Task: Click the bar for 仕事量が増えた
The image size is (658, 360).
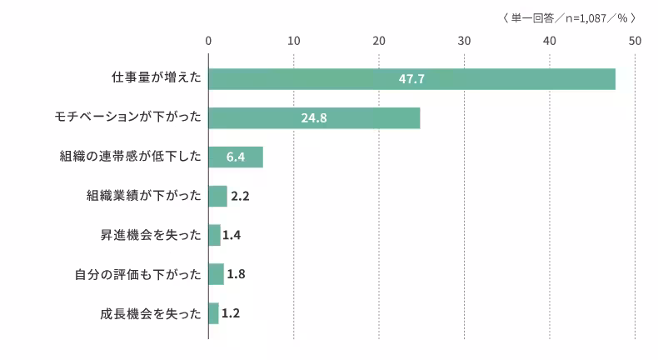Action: [411, 79]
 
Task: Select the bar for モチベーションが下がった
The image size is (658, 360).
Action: [314, 118]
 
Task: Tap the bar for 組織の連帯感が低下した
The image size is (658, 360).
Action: [236, 157]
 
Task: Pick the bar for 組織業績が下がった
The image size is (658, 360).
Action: [217, 197]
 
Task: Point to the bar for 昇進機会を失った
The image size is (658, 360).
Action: [214, 236]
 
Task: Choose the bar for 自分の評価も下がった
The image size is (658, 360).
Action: [216, 274]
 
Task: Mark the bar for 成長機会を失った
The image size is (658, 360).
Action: [213, 313]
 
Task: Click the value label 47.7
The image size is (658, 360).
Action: [411, 79]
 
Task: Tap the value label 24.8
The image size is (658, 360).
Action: [314, 118]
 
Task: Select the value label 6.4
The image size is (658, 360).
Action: [236, 157]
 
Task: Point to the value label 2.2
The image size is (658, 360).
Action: [240, 197]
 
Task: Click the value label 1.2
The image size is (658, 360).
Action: [232, 313]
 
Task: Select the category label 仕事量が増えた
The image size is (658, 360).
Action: [157, 79]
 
